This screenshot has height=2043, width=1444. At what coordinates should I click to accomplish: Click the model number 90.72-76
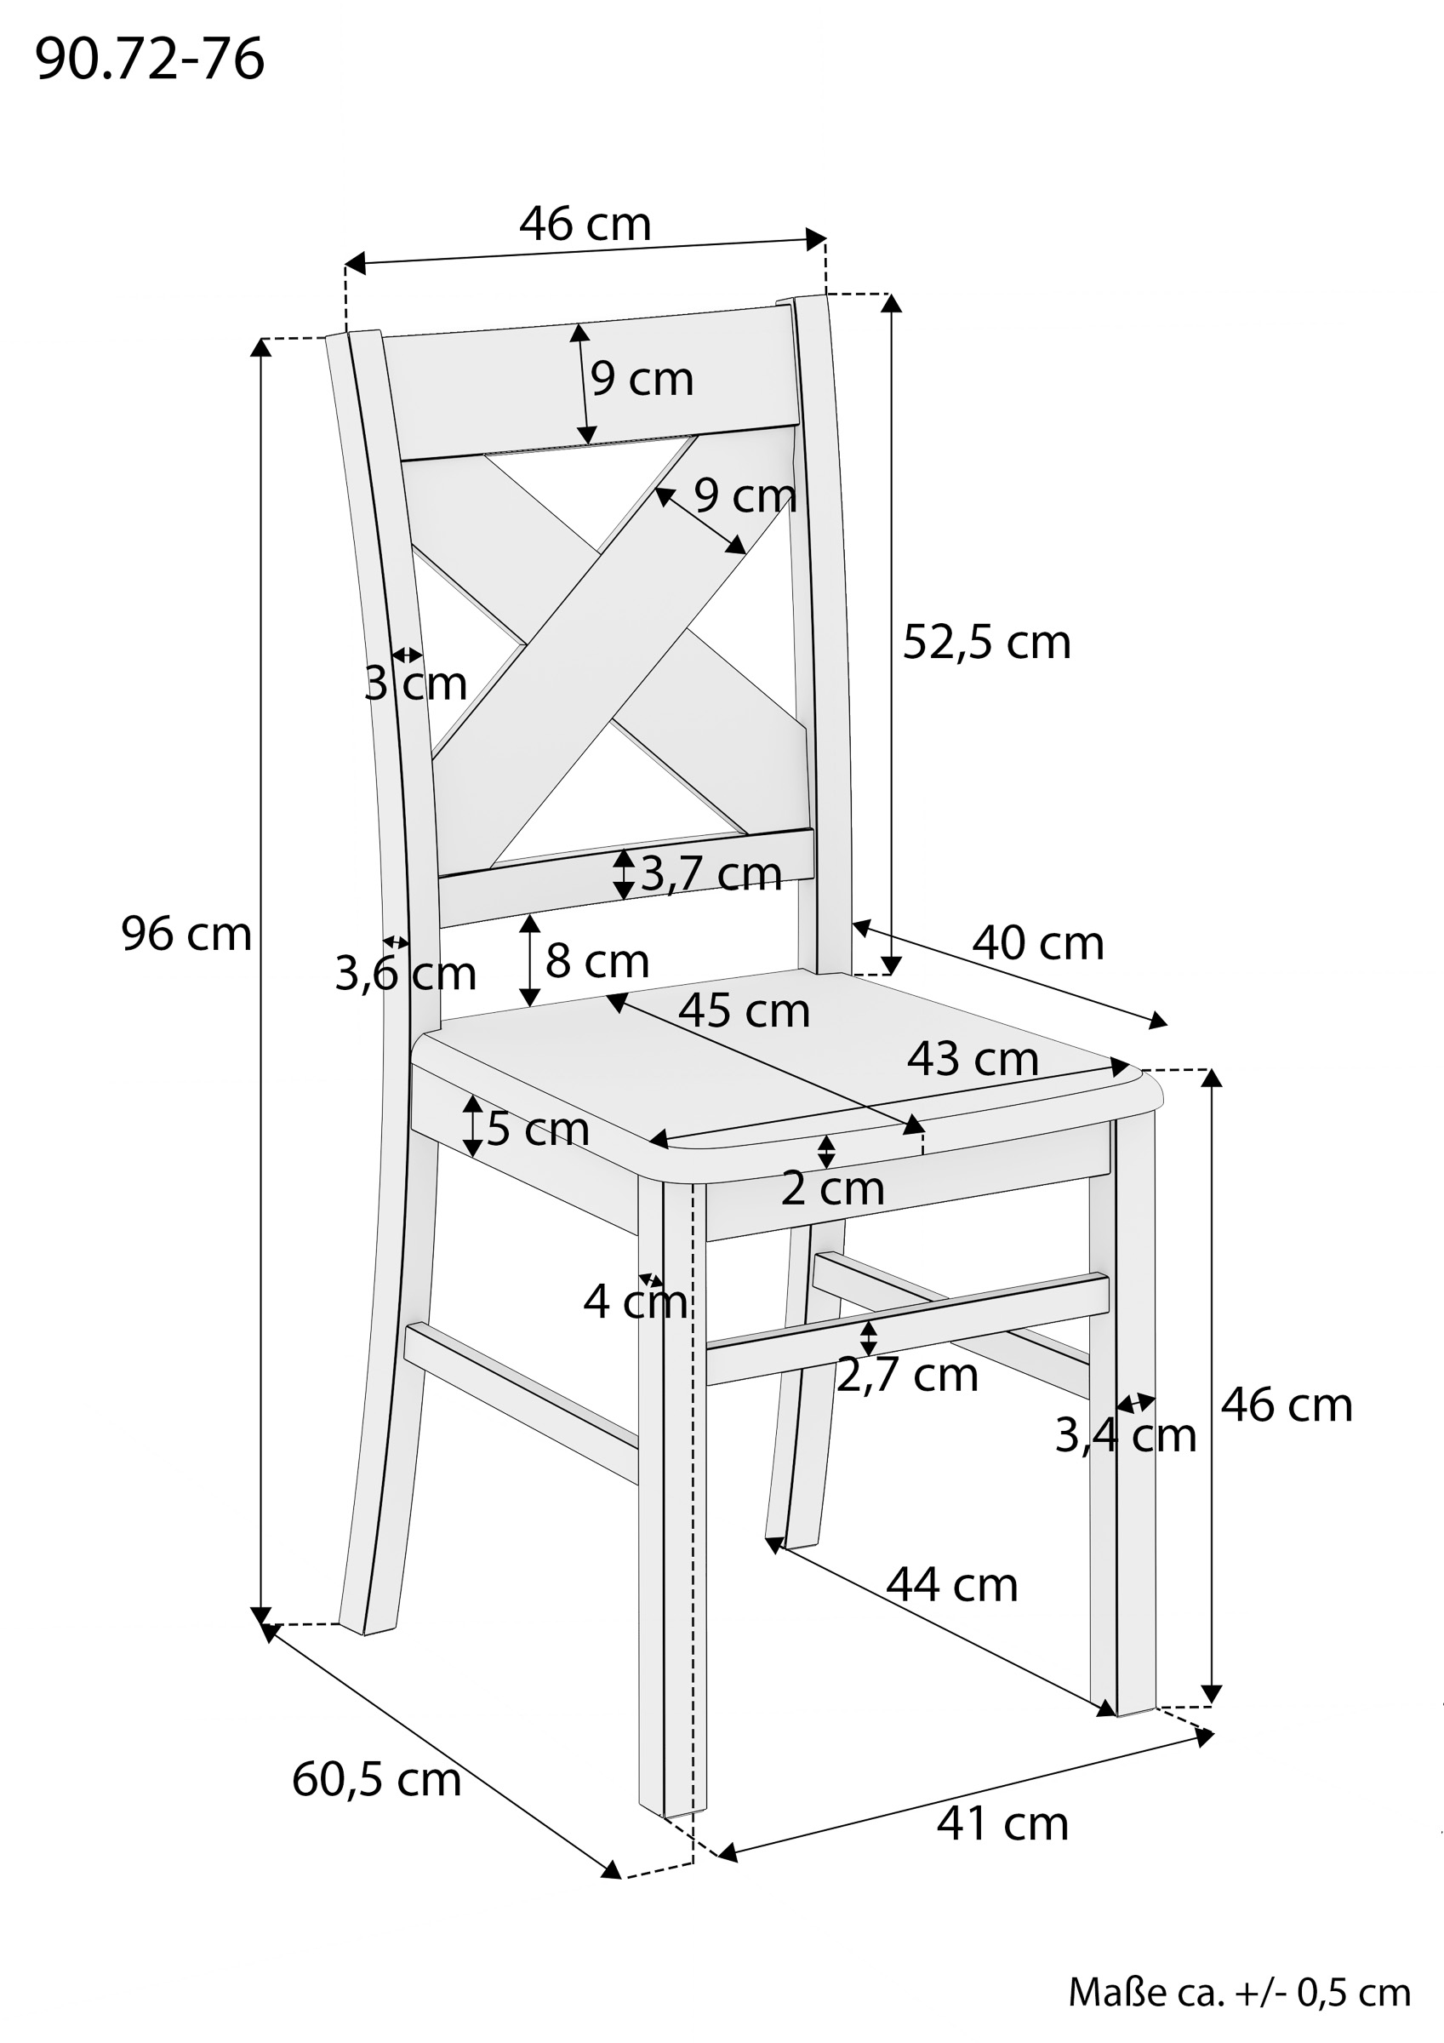tap(150, 60)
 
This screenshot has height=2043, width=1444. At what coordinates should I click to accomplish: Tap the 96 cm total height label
tap(186, 936)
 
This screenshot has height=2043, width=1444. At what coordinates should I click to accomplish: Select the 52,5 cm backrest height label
tap(986, 643)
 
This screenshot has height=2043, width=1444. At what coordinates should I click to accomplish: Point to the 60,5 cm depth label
tap(376, 1779)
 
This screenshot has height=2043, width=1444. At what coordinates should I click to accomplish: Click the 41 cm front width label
tap(1002, 1823)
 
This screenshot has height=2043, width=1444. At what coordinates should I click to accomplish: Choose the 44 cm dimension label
tap(951, 1585)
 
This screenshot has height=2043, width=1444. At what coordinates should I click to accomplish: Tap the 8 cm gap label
tap(597, 961)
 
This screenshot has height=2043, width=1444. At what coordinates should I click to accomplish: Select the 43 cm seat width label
tap(973, 1059)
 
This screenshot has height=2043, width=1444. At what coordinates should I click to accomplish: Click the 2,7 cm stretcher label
tap(906, 1375)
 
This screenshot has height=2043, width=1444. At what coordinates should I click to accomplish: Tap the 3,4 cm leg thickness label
tap(1125, 1435)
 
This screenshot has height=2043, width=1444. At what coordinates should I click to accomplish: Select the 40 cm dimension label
tap(1037, 943)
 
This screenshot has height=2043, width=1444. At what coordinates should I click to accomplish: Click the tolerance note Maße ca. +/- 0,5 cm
tap(1238, 1992)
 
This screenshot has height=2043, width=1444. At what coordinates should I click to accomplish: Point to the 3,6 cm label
tap(405, 974)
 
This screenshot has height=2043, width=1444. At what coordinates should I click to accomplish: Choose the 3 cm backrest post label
tap(415, 684)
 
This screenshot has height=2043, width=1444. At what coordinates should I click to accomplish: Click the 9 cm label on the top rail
tap(642, 379)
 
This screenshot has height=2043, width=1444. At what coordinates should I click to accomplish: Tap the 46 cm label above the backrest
tap(585, 224)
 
